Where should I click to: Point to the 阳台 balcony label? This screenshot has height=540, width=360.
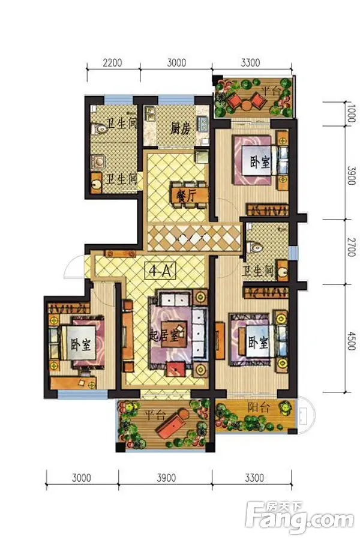pyautogui.click(x=258, y=408)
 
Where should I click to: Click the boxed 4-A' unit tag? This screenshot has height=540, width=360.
pyautogui.click(x=159, y=271)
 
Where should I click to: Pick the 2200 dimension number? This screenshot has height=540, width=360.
pyautogui.click(x=112, y=62)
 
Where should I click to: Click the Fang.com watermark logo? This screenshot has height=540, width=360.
pyautogui.click(x=303, y=517)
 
